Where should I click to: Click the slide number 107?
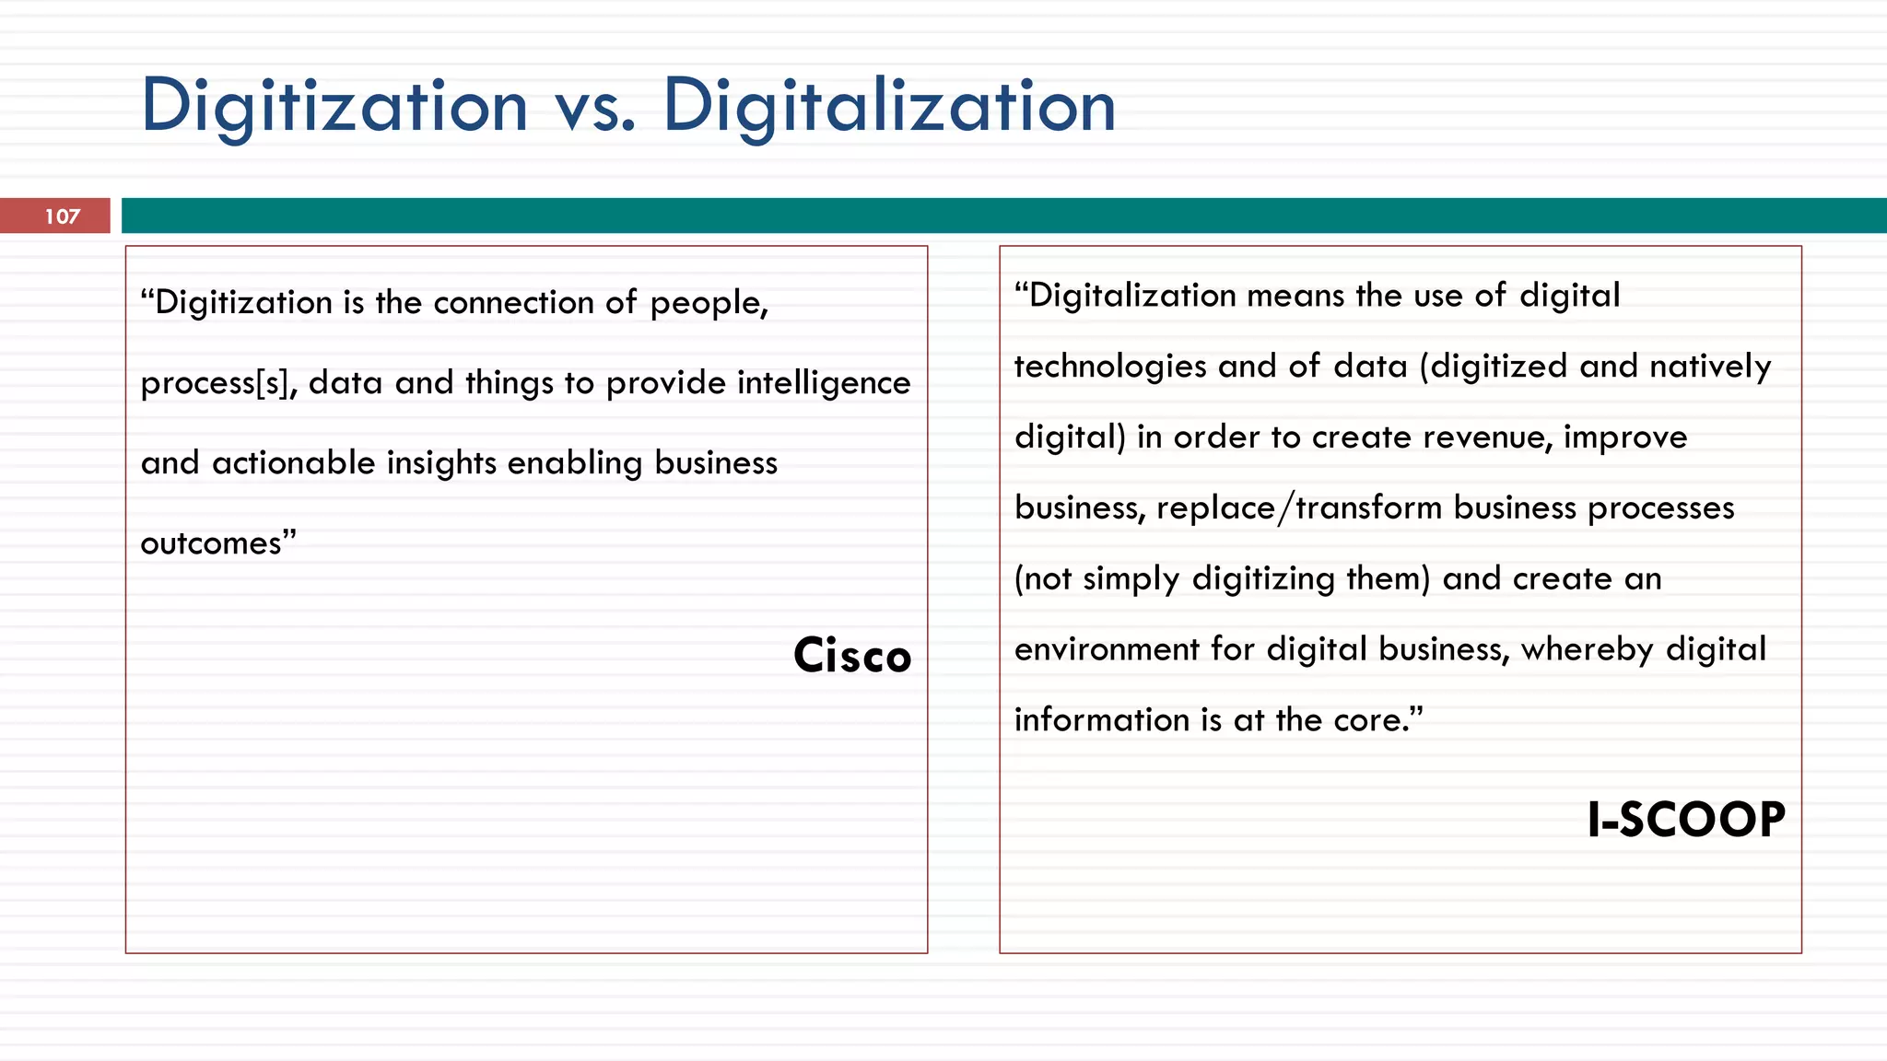pos(63,216)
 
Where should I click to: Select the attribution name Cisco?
pos(852,656)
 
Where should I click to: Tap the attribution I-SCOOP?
pos(1685,820)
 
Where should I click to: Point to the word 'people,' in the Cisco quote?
pos(709,303)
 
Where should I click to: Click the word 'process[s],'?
pos(218,383)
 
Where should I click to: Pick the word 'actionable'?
pos(293,462)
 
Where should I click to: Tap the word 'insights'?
pos(441,463)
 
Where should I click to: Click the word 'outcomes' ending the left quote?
pos(212,543)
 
